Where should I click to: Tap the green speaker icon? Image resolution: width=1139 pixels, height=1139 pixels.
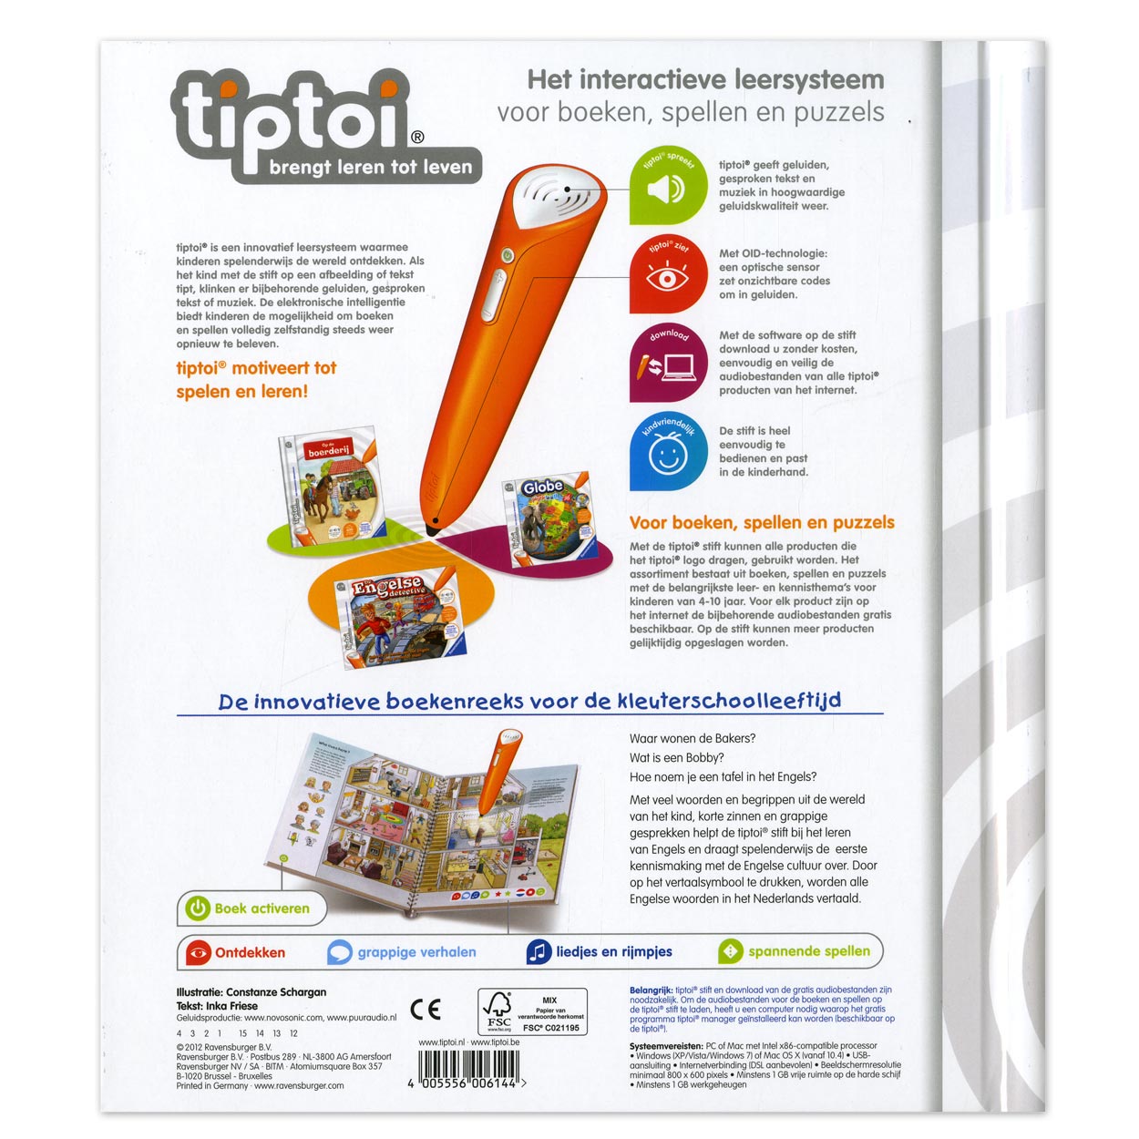tap(666, 189)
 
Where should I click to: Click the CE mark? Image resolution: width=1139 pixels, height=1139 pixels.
tap(426, 1009)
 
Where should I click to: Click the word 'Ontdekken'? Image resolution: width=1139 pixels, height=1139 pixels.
tap(250, 952)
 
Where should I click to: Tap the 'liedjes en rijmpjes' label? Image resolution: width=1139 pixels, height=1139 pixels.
tap(613, 951)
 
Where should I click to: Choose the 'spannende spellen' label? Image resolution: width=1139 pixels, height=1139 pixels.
tap(808, 951)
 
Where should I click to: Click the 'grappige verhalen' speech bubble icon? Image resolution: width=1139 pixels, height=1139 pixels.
tap(339, 952)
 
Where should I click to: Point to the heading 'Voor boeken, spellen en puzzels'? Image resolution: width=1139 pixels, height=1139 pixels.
tap(762, 523)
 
